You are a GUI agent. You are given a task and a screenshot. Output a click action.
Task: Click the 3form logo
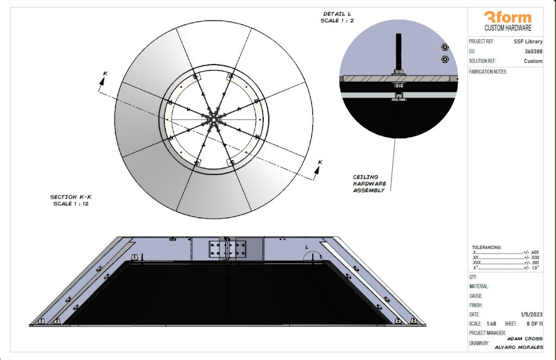pos(508,17)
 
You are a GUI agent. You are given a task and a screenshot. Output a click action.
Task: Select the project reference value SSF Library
pos(528,41)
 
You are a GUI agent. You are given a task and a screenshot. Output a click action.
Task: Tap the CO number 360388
pos(534,52)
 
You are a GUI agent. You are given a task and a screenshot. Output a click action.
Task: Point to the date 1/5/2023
pos(532,314)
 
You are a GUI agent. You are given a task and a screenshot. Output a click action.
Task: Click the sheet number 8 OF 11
pos(534,324)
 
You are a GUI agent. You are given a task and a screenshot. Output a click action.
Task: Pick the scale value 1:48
pos(491,324)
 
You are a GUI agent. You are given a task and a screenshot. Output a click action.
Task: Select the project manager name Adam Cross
pos(525,339)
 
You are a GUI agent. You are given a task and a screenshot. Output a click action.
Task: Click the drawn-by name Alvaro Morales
pos(519,347)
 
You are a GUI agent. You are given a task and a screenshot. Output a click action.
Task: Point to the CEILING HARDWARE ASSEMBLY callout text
pos(369,184)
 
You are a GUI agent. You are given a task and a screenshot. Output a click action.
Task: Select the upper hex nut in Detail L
pos(445,47)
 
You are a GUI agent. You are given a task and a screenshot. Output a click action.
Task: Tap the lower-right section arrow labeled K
pos(318,168)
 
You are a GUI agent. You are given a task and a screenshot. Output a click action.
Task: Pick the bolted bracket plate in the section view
pos(228,249)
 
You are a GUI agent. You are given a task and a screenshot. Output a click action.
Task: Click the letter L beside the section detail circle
pos(307,247)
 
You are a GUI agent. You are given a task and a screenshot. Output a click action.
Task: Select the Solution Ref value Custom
pos(533,61)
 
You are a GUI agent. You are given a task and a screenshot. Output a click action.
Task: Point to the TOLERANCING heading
pos(486,248)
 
